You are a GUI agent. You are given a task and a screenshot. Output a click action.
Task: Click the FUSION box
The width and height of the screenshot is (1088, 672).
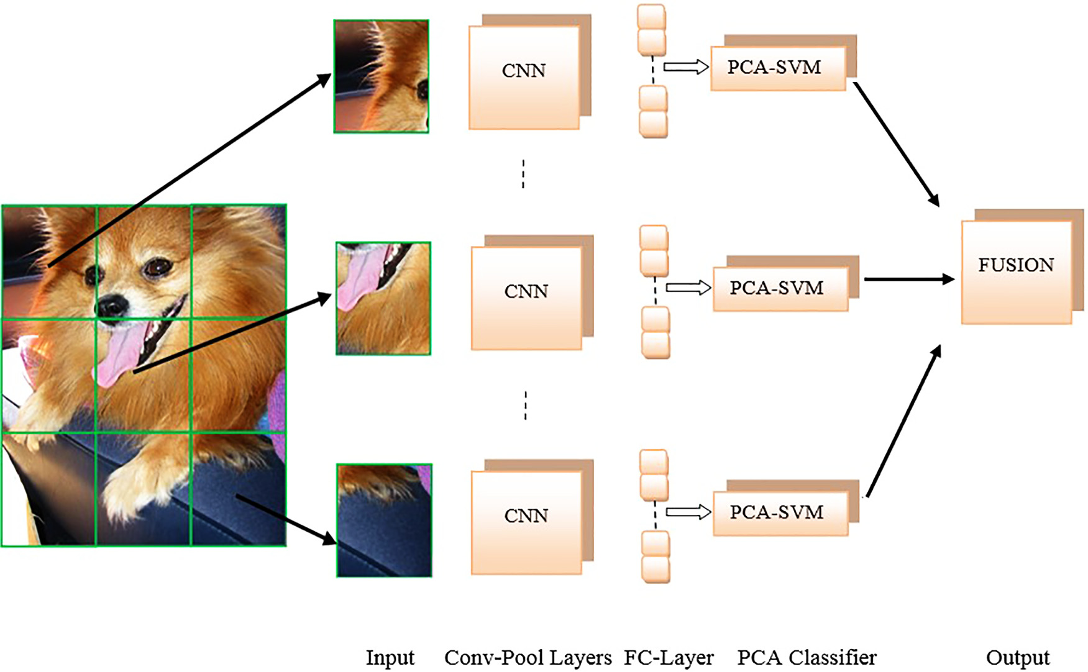point(1016,271)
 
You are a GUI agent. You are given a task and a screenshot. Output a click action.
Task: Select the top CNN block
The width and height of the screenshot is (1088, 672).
point(524,77)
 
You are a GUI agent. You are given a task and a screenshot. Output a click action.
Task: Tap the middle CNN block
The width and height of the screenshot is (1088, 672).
point(526,297)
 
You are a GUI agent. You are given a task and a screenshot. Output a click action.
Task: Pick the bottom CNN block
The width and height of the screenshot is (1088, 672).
point(526,522)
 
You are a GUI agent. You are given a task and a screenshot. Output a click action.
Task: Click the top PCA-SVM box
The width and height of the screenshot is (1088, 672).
point(777,68)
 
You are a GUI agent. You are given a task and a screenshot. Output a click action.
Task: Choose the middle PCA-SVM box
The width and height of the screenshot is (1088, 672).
point(780,288)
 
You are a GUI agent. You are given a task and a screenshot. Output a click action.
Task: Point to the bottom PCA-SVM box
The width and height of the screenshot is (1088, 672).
point(780,512)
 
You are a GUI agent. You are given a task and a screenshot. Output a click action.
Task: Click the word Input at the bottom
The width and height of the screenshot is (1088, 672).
point(390,657)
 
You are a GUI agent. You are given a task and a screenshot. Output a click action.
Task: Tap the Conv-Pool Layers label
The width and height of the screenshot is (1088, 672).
point(528,657)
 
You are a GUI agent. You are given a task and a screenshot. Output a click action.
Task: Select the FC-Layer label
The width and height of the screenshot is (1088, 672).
point(669,657)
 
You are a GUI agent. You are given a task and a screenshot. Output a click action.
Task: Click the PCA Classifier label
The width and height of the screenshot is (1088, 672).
point(807,657)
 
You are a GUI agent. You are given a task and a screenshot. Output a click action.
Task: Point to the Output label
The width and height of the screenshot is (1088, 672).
point(1017,657)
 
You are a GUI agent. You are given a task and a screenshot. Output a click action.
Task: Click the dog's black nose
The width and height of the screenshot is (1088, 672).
point(112,305)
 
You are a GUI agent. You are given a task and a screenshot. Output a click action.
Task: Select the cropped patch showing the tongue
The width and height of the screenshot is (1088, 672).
point(383,299)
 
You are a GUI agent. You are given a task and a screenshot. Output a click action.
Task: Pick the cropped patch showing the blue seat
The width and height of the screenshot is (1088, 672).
point(384,520)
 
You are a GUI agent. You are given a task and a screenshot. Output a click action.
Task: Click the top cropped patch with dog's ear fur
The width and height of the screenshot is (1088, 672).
point(381,76)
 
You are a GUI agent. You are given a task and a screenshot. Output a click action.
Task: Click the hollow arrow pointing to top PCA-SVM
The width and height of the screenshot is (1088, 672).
point(685,66)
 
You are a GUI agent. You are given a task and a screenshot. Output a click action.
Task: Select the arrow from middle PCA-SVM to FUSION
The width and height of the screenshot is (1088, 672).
point(908,279)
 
